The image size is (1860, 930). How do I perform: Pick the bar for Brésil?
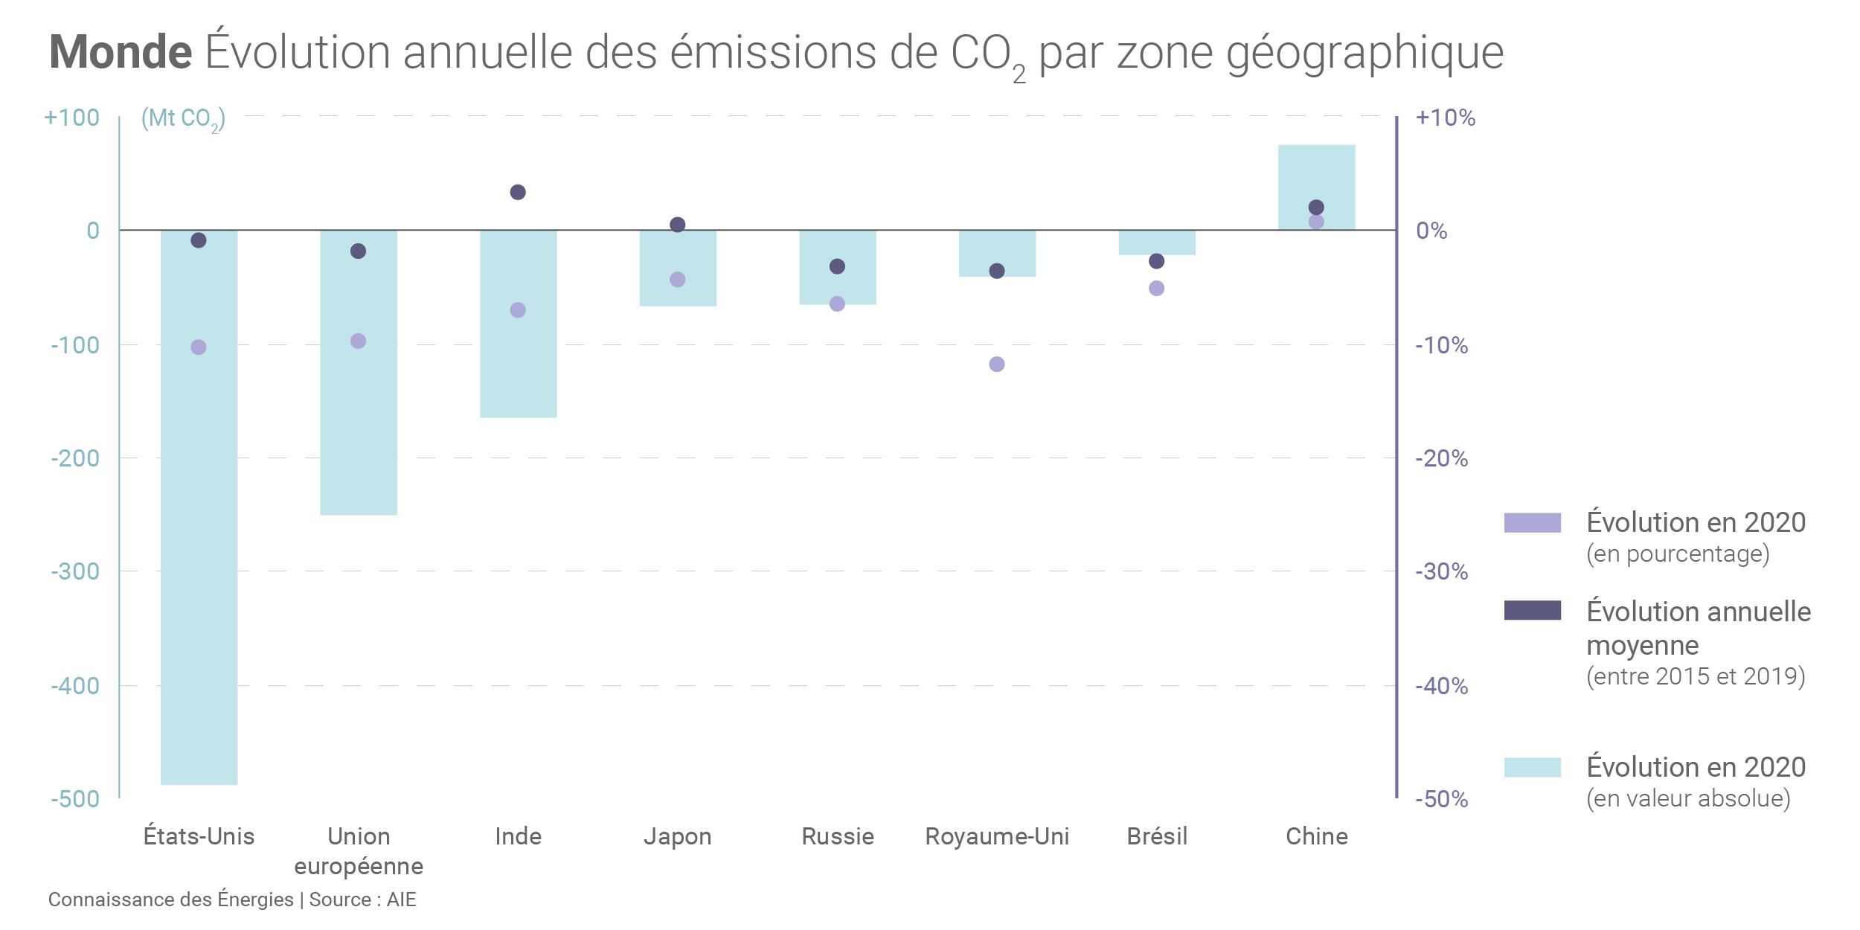click(x=1157, y=243)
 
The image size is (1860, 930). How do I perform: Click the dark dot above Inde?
click(x=518, y=193)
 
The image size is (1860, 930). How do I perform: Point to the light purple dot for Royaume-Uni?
click(x=997, y=365)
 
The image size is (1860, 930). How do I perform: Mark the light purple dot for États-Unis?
click(x=199, y=347)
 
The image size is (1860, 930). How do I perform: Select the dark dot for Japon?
click(x=677, y=225)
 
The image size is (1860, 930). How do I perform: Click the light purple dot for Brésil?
click(x=1156, y=289)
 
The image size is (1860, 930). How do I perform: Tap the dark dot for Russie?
click(x=837, y=266)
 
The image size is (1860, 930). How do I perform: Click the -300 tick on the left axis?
click(x=75, y=571)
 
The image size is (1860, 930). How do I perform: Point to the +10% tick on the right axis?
click(x=1445, y=118)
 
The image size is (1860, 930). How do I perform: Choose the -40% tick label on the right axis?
click(x=1441, y=686)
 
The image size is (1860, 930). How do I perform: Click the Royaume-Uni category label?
click(x=997, y=836)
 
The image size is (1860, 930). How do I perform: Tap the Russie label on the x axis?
click(x=837, y=836)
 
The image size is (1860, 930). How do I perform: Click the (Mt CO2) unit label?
click(x=183, y=119)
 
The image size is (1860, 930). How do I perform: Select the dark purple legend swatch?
click(x=1532, y=610)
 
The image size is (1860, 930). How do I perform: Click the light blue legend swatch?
click(x=1532, y=767)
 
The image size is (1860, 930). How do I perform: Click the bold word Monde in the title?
click(x=121, y=52)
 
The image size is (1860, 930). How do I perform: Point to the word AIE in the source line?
click(x=401, y=899)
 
